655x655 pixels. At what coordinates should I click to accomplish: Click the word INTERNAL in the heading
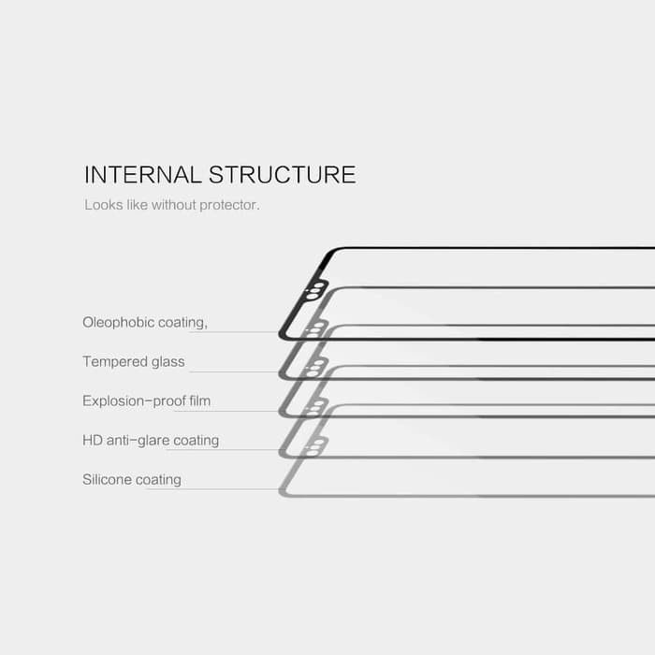(142, 175)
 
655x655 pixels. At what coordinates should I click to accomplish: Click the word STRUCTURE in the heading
(282, 175)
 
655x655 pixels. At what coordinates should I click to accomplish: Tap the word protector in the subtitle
(229, 204)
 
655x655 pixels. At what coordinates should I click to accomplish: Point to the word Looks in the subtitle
(102, 204)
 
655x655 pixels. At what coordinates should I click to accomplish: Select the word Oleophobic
(118, 323)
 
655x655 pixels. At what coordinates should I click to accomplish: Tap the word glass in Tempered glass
(166, 362)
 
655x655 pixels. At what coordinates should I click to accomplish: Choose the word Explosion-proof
(133, 401)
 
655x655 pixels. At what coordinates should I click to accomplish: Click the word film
(199, 401)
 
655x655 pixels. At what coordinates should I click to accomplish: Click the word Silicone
(107, 480)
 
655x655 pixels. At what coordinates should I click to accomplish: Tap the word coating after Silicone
(158, 480)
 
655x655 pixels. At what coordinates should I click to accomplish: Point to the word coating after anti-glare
(196, 441)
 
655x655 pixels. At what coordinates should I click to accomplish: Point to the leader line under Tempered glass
(234, 371)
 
